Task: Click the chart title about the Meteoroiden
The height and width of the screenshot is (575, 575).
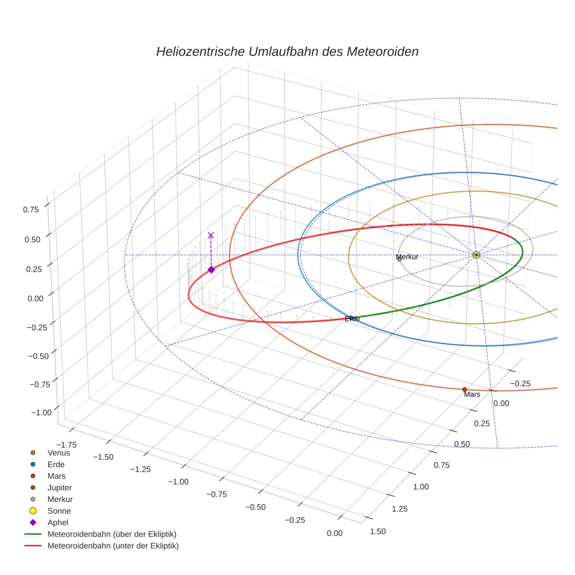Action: (x=287, y=51)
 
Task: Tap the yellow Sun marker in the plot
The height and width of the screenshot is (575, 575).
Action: (x=476, y=255)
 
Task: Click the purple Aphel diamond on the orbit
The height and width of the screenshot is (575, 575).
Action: (x=211, y=269)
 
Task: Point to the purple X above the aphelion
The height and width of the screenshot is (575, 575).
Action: (x=211, y=235)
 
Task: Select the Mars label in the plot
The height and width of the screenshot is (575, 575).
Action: (x=472, y=395)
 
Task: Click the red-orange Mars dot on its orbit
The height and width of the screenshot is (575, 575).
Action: (x=465, y=389)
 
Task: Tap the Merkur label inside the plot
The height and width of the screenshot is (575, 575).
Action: (x=407, y=257)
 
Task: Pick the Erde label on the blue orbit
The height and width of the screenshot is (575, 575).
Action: (x=352, y=319)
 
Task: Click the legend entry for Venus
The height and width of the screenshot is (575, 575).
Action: (x=58, y=452)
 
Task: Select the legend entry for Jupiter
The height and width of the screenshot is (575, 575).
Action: (x=60, y=487)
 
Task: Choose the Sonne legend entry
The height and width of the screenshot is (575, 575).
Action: (x=59, y=511)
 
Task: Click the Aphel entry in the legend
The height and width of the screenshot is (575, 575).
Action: (x=58, y=522)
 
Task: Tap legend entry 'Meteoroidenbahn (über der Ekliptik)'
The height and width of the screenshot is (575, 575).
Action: (x=112, y=534)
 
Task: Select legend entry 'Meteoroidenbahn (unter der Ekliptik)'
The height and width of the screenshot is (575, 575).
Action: (x=113, y=546)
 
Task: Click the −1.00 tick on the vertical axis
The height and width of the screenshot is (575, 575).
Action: (x=40, y=412)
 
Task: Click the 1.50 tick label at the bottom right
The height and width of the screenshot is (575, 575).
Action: (x=378, y=531)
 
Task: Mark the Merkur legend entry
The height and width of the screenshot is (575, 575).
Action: (x=60, y=499)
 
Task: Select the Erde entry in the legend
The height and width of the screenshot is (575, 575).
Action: (x=56, y=464)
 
